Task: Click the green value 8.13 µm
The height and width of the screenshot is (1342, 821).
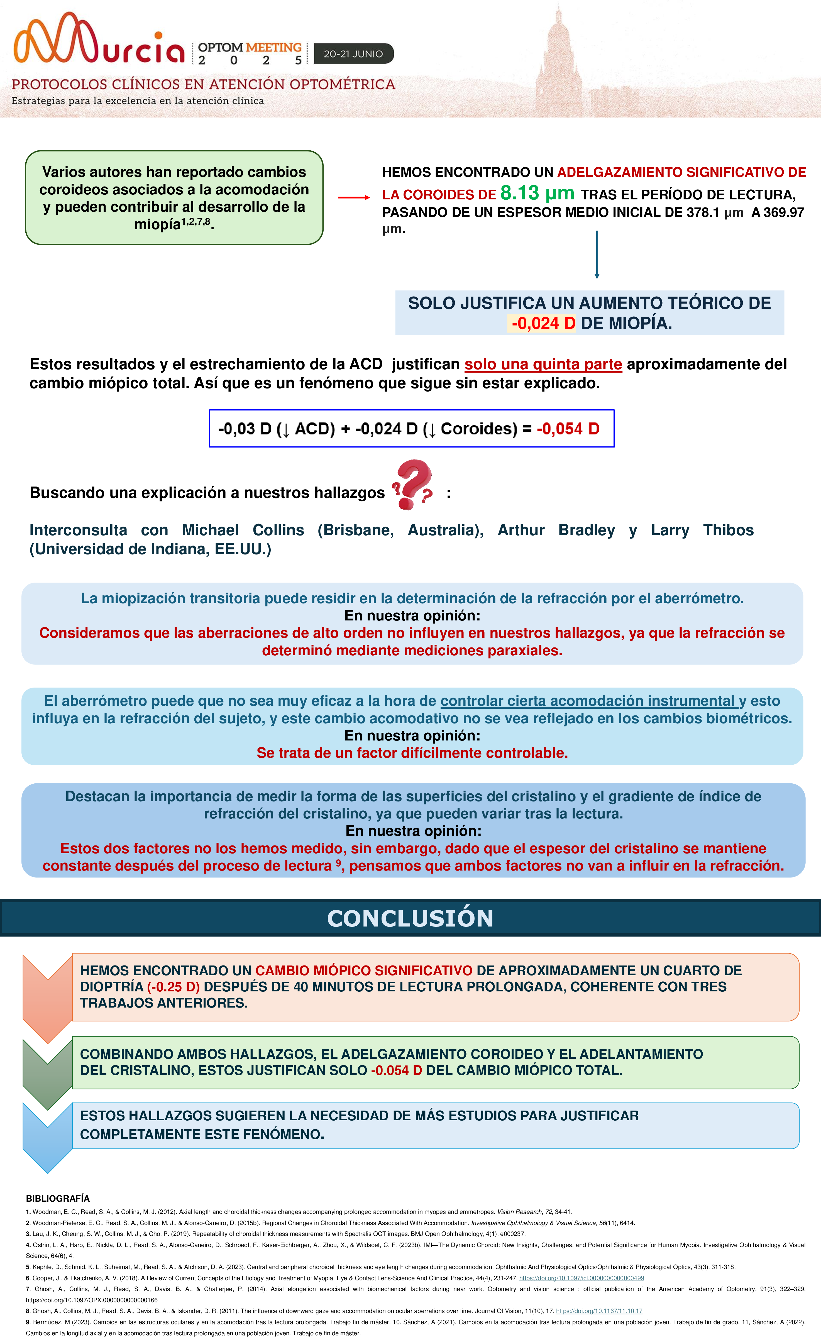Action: (537, 193)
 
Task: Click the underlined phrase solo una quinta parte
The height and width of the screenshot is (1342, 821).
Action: (543, 364)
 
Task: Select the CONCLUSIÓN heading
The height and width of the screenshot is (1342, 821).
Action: (410, 918)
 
